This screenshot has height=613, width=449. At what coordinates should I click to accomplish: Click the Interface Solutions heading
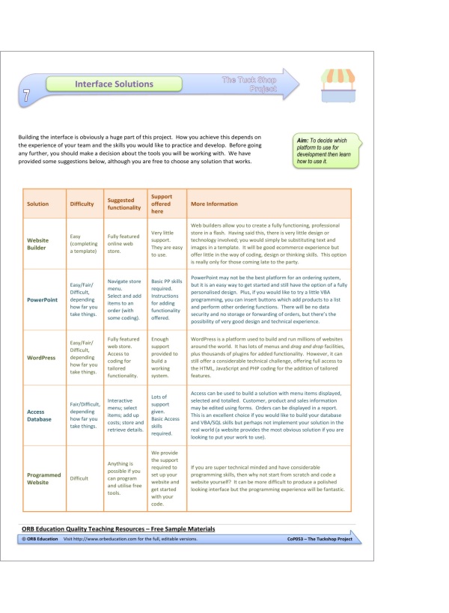tap(114, 85)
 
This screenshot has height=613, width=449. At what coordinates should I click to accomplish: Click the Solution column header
tap(37, 204)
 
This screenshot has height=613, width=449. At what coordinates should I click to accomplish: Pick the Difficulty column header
tap(82, 204)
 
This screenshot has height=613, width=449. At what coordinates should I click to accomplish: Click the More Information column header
tap(214, 204)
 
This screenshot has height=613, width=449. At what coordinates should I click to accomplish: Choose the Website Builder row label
tap(38, 245)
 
